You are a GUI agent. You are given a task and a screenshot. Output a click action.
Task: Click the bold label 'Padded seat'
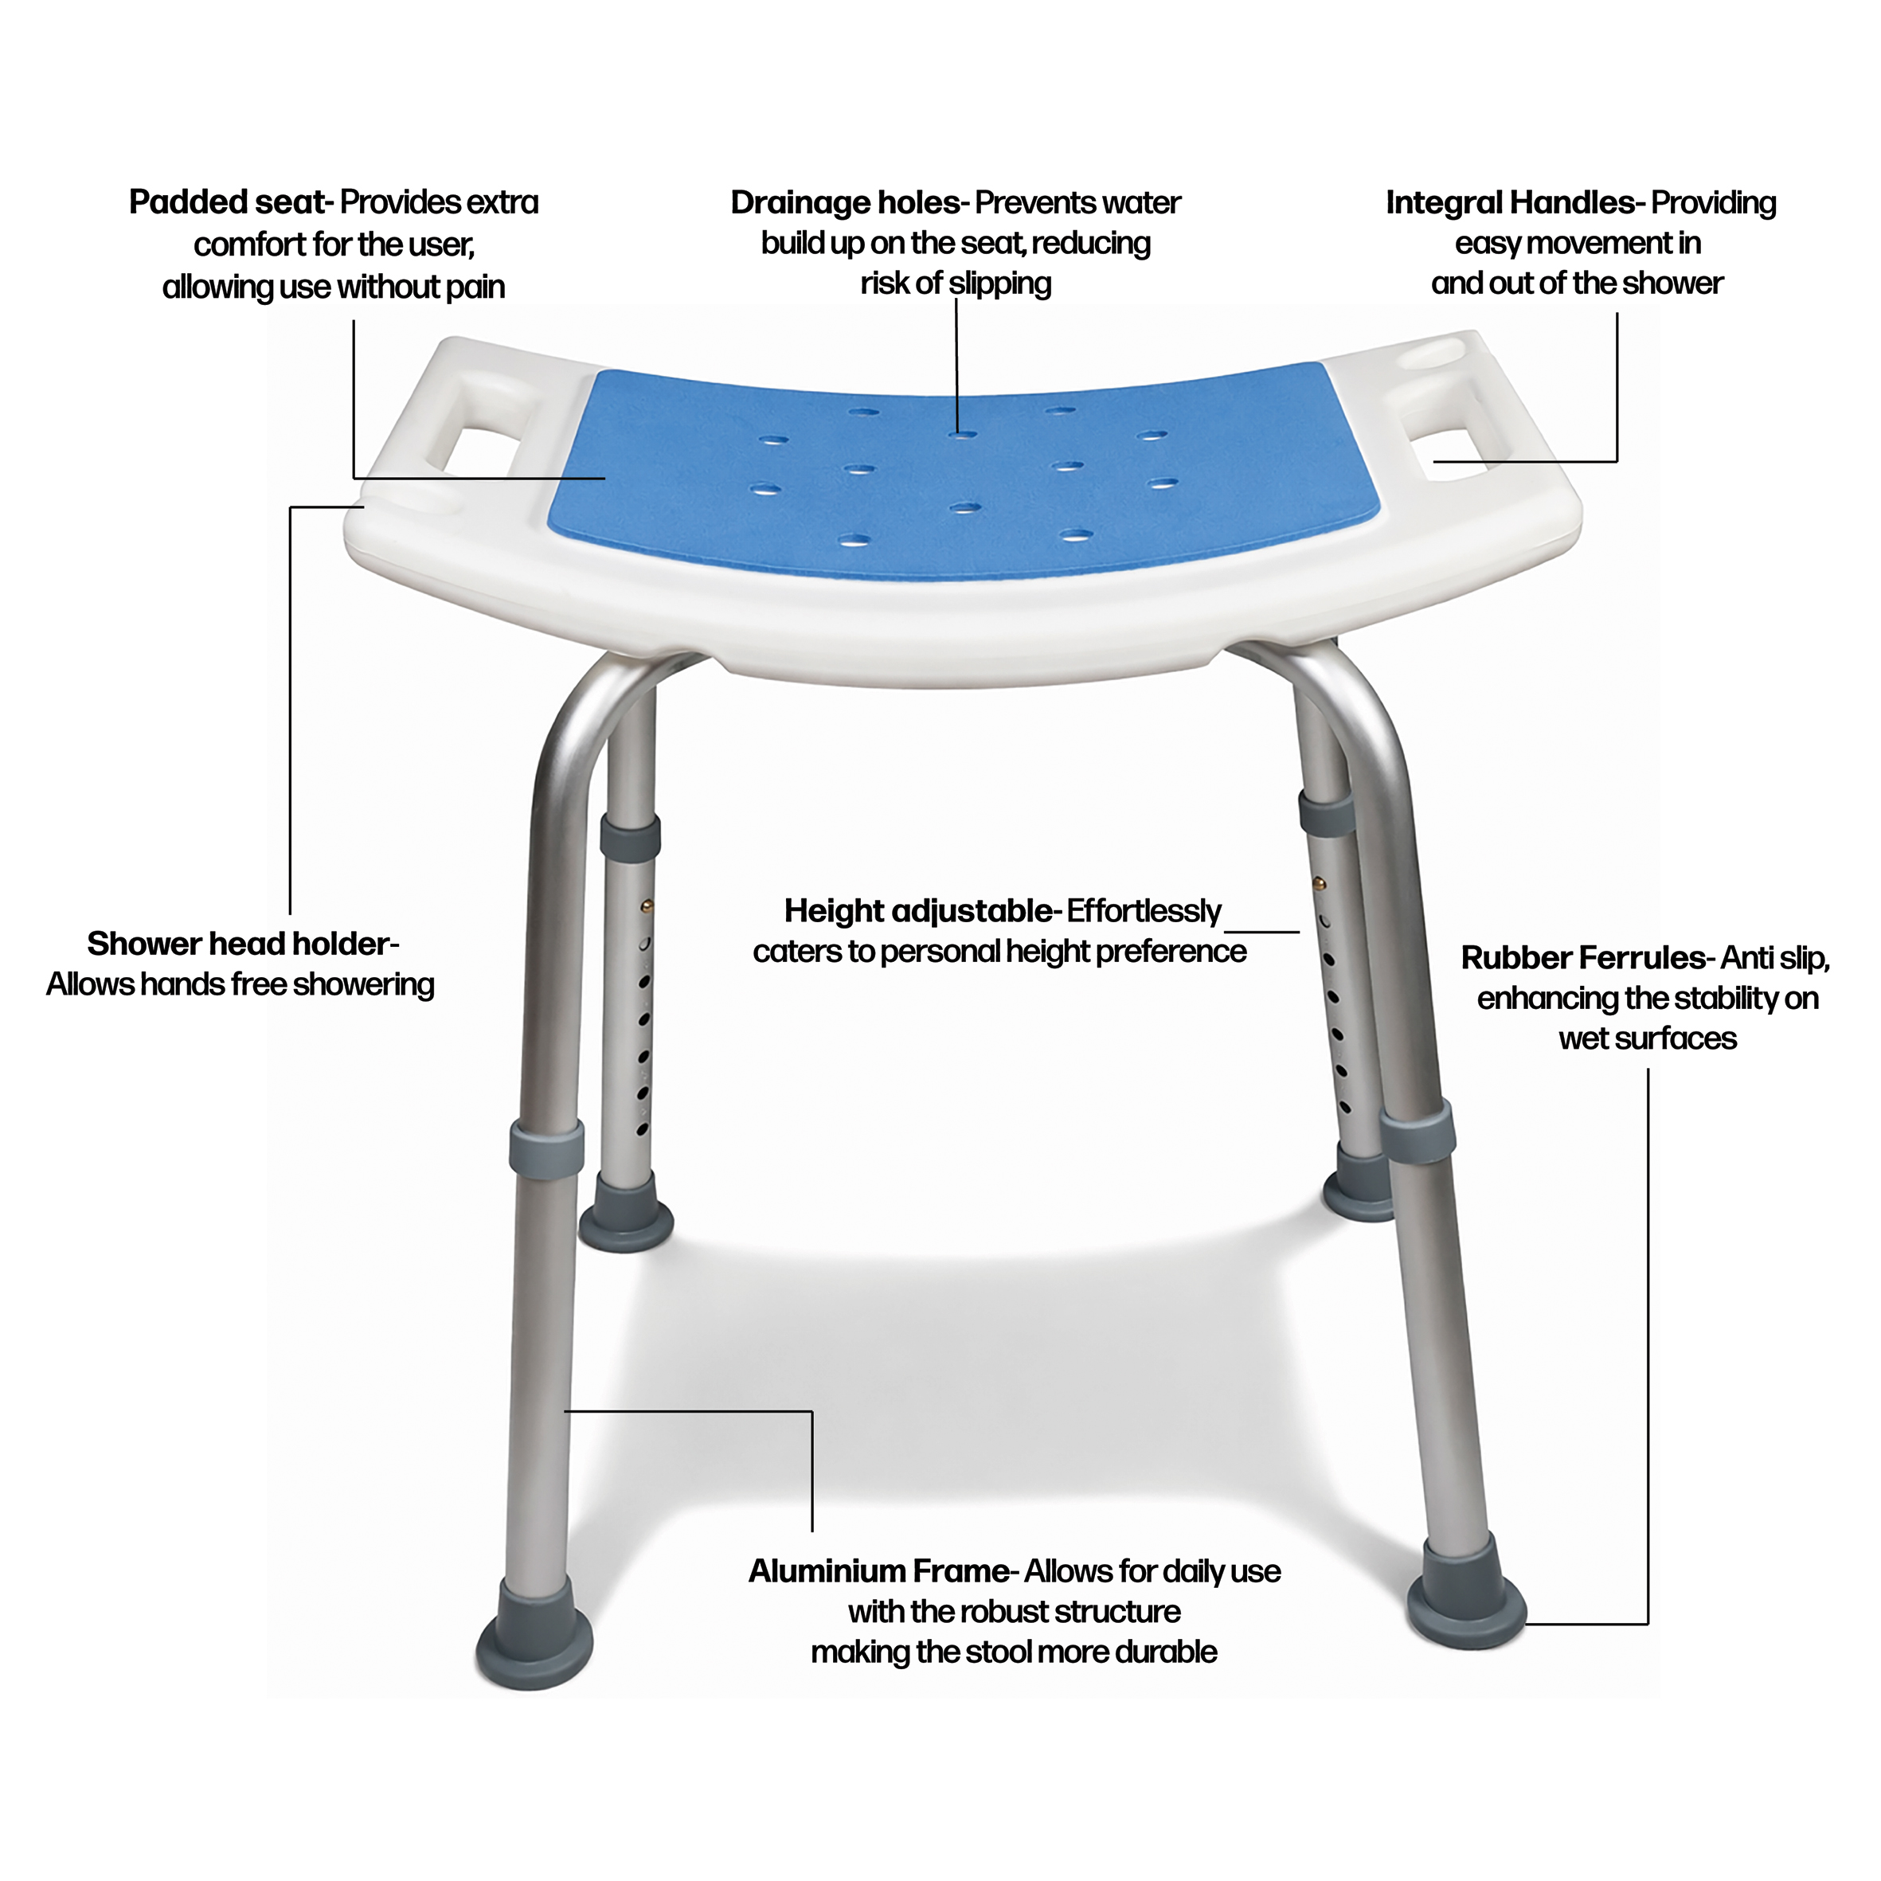(230, 202)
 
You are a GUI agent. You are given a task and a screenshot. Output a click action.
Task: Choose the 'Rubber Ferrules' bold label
(1583, 958)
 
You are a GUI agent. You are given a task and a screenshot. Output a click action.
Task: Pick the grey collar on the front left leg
(546, 1146)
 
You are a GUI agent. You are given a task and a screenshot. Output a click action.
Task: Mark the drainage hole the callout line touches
(963, 434)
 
